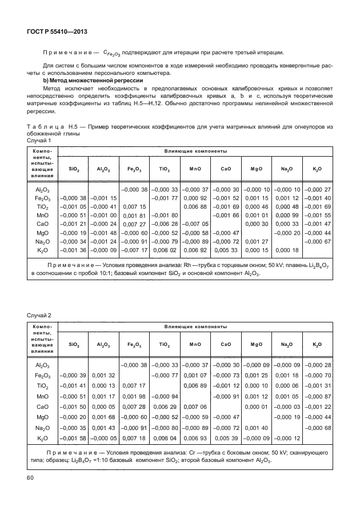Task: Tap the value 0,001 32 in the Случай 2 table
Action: (103, 375)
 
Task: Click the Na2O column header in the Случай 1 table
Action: (284, 170)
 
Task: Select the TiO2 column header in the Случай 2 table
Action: (165, 345)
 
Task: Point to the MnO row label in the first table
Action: (42, 215)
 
